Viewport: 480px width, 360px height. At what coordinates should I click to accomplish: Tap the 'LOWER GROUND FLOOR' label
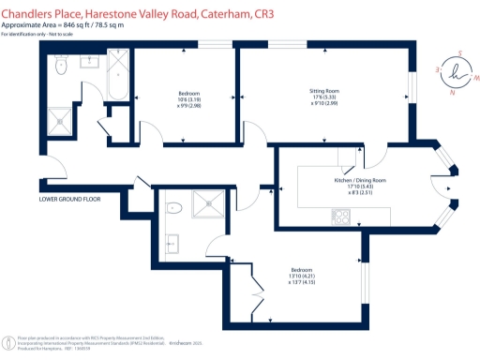[69, 200]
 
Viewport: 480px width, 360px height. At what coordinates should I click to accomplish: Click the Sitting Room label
[323, 91]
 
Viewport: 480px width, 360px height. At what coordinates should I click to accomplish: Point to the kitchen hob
[341, 217]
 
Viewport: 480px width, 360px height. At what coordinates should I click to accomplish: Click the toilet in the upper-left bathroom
[61, 65]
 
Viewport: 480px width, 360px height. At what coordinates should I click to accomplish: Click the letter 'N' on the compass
[454, 92]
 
